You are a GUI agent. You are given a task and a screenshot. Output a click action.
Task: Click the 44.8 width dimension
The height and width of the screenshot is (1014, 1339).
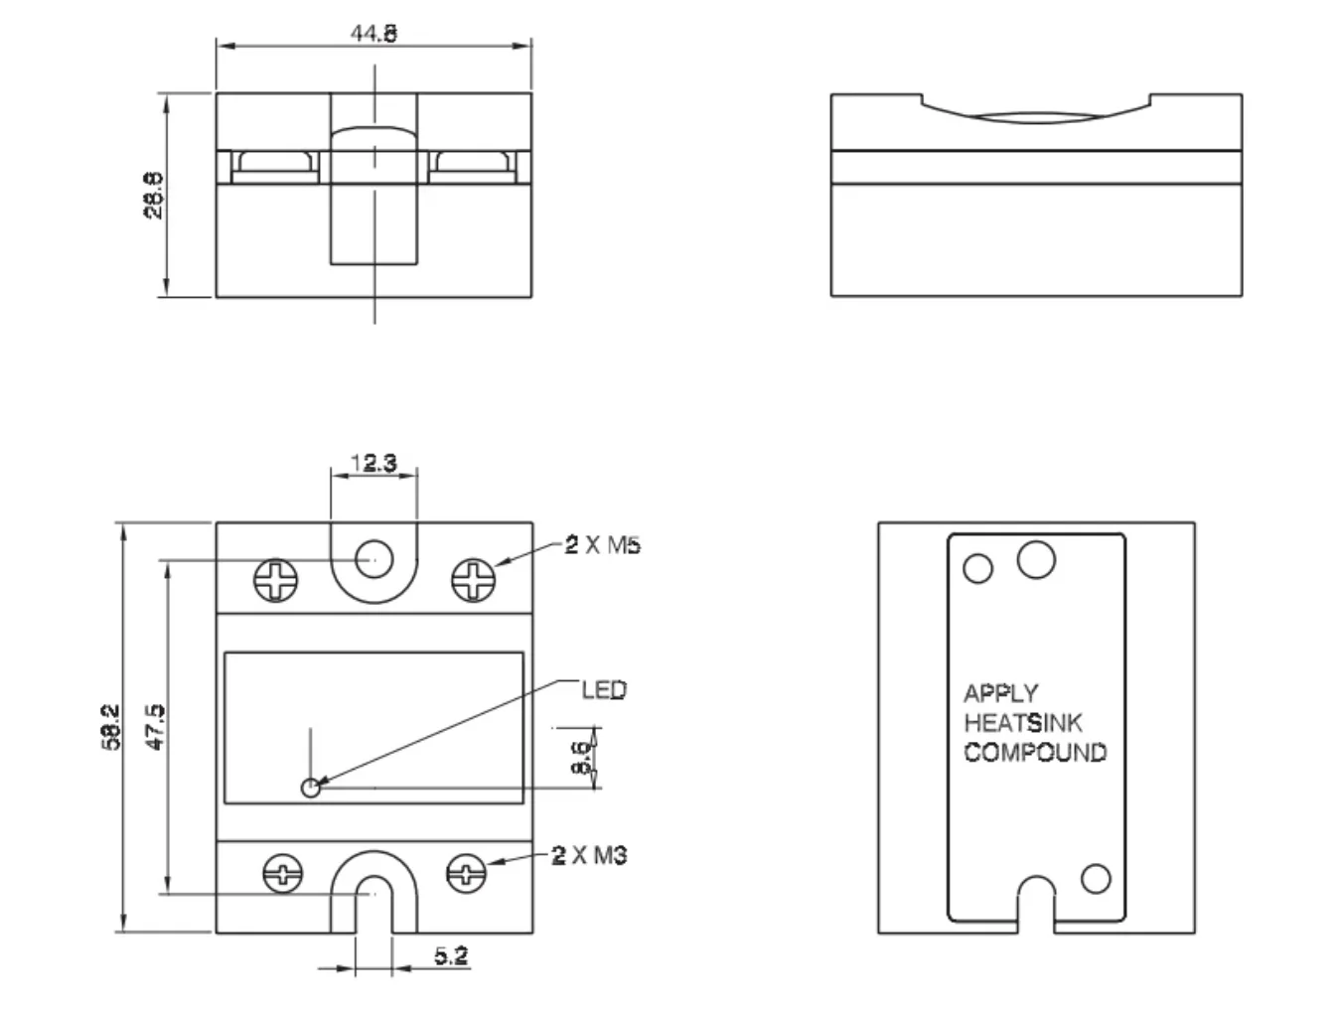click(373, 33)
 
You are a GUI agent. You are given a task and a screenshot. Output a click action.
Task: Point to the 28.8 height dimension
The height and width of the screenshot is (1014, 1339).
click(154, 195)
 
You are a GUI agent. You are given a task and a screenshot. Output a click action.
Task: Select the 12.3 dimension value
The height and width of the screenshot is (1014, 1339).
click(373, 463)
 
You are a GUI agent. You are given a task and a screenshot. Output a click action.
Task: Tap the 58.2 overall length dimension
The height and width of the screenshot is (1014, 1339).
click(111, 727)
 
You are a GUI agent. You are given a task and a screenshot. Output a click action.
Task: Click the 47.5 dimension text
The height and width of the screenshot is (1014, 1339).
click(156, 727)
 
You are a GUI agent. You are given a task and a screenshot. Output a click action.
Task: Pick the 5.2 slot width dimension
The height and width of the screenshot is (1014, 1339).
click(451, 955)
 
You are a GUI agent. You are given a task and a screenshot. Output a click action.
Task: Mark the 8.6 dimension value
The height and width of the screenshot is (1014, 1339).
click(580, 758)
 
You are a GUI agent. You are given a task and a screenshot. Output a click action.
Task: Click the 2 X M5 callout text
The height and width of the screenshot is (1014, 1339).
click(603, 544)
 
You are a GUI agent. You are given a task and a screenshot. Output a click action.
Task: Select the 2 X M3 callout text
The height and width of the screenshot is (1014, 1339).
click(589, 855)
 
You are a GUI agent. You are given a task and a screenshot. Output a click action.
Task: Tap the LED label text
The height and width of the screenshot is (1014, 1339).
click(604, 690)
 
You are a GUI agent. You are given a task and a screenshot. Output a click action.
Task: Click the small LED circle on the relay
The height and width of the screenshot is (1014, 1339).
click(311, 789)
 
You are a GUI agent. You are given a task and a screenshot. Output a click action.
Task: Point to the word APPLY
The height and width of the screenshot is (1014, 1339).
click(1000, 693)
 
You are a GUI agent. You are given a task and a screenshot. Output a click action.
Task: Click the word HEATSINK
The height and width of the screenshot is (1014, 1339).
click(1023, 723)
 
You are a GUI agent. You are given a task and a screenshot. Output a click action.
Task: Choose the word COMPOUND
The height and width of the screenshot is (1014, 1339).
click(1035, 753)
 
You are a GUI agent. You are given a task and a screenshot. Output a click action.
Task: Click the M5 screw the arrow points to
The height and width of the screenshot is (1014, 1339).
click(474, 580)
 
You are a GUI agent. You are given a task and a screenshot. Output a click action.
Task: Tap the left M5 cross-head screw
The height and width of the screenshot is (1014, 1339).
click(276, 580)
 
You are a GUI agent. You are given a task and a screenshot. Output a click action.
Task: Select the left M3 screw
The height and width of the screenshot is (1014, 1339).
click(282, 874)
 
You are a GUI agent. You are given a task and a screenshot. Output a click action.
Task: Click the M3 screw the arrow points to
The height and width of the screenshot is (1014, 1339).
click(466, 874)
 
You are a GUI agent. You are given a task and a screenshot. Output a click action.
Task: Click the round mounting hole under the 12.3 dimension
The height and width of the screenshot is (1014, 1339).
click(373, 558)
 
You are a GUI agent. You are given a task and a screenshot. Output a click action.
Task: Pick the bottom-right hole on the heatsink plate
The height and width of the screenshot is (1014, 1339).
click(1096, 879)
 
